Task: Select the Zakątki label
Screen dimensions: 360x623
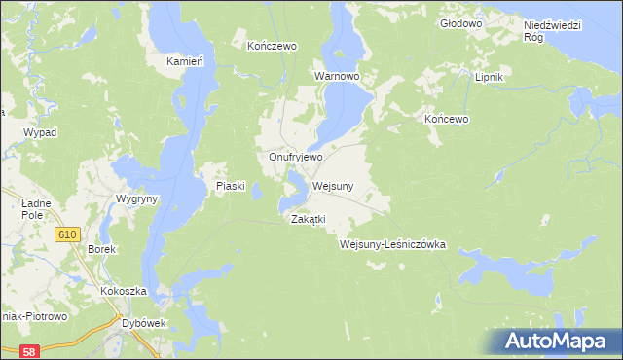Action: point(308,220)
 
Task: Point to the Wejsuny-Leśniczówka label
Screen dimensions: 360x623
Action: point(392,245)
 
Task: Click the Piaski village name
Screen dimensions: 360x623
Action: point(230,186)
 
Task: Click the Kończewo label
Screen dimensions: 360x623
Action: point(272,46)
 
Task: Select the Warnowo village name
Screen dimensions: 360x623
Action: point(337,75)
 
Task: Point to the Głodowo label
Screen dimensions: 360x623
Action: point(460,22)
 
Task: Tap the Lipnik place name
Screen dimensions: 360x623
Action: point(488,77)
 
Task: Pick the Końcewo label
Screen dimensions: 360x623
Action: point(447,119)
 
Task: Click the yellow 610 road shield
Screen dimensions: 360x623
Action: point(67,234)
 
